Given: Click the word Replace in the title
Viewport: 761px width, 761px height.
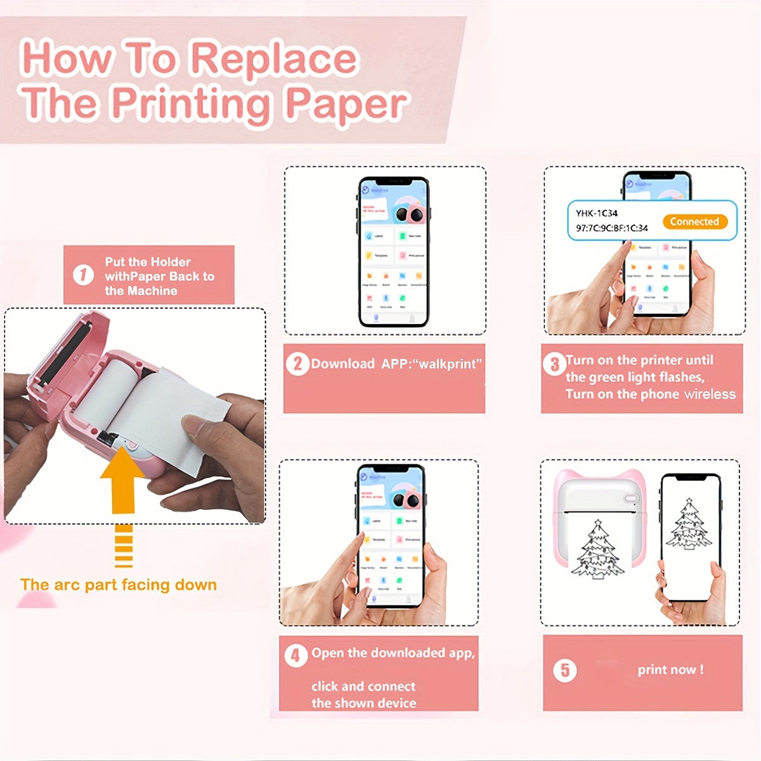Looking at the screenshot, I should [x=274, y=58].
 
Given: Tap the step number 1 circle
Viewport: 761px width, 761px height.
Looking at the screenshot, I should [x=83, y=276].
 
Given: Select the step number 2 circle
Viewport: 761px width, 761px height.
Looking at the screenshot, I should [x=297, y=364].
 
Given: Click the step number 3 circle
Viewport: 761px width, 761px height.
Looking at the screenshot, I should [x=554, y=363].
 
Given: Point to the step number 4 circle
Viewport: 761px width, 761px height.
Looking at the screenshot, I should [x=296, y=655].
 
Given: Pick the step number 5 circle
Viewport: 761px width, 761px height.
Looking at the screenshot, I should [x=565, y=670].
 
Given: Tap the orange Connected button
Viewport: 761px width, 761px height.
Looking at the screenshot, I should [x=694, y=221].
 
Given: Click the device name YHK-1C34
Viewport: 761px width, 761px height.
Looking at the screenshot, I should [x=596, y=213].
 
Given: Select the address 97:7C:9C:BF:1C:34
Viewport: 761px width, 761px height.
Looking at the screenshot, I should [x=611, y=228].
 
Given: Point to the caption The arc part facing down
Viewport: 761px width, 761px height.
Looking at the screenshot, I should [x=119, y=585].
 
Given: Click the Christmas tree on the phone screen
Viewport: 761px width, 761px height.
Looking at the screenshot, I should [x=689, y=524].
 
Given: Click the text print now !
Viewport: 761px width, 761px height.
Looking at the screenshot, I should [x=670, y=670].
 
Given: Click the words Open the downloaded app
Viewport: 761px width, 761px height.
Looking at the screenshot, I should [x=393, y=653].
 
